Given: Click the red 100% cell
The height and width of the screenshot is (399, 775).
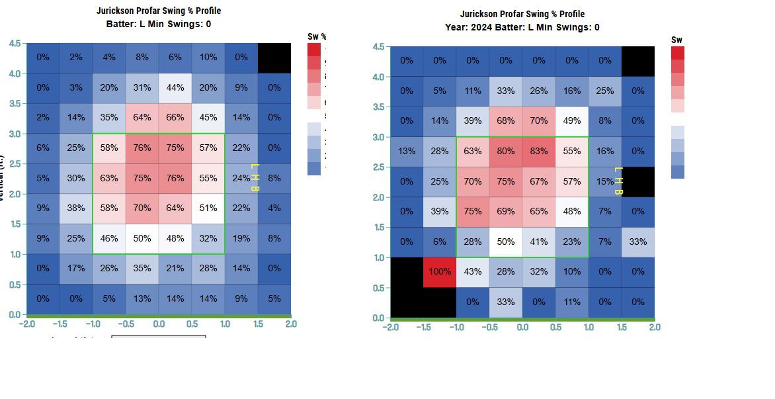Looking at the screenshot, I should (440, 272).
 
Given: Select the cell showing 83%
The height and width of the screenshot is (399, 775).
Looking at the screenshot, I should (539, 152).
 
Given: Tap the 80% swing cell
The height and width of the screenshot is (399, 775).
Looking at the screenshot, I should (506, 152).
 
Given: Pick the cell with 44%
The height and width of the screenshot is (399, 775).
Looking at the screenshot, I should (175, 87).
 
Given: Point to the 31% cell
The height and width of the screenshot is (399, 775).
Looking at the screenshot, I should (142, 87).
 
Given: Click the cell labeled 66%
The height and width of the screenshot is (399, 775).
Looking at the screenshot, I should (175, 118).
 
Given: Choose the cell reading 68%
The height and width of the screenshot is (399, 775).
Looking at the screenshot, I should (506, 121).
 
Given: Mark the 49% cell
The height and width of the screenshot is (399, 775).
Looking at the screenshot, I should (572, 121).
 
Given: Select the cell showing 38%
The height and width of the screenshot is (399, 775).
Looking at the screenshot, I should (76, 208).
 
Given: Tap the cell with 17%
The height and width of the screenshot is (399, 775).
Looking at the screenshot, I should (76, 268).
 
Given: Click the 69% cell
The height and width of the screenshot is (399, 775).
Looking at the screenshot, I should (506, 212).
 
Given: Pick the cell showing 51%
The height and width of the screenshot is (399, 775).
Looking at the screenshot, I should (208, 208).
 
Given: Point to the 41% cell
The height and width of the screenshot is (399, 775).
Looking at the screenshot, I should (539, 242).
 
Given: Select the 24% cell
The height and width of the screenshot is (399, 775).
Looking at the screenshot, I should (240, 178).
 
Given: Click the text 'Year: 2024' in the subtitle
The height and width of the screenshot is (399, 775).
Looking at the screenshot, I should (468, 27).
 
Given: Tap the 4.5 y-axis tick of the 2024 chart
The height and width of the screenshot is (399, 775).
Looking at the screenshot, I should (378, 47).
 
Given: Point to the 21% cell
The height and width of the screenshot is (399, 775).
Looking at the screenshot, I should (175, 268).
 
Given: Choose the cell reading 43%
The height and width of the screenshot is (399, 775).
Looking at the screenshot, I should (473, 272).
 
